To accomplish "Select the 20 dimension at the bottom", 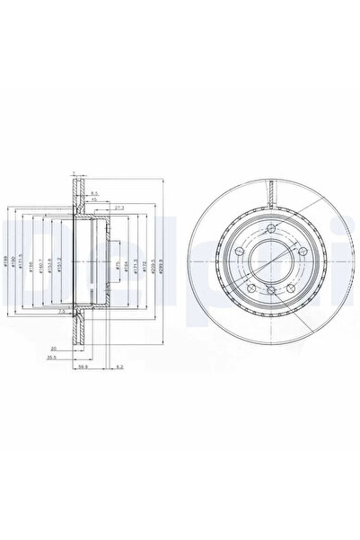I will coord(55,347).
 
